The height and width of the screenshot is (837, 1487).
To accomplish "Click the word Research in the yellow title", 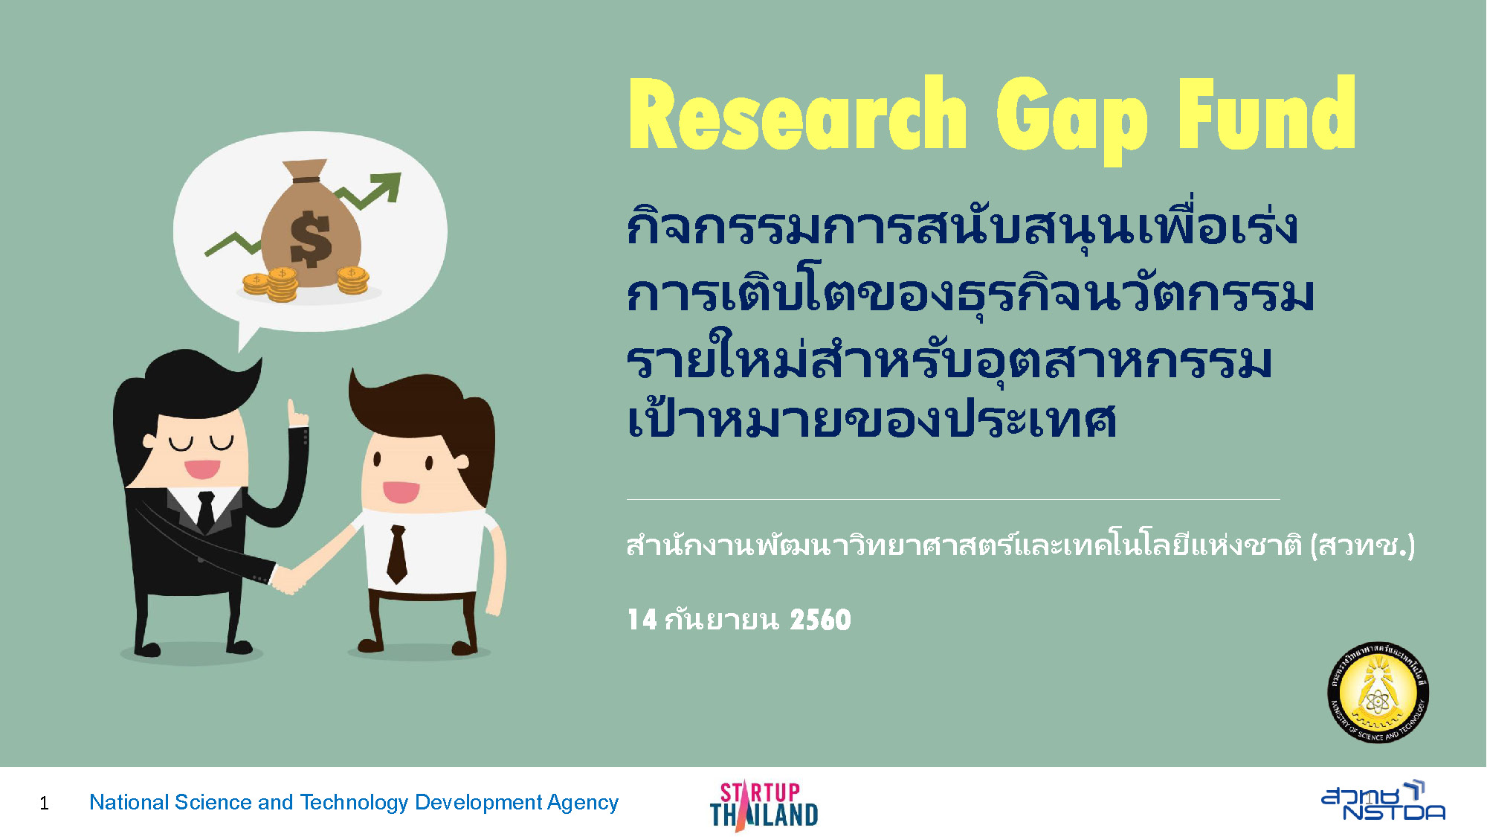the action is pos(797,113).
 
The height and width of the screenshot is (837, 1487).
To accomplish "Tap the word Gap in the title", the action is pos(1071,119).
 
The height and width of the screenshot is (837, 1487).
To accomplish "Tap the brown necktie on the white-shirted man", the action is pos(397,554).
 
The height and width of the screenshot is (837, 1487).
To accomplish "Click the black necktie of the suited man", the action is pos(206,511).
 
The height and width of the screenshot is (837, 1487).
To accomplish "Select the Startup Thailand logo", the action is pos(764,805).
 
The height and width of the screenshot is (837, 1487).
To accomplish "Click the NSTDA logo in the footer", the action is pos(1383,801).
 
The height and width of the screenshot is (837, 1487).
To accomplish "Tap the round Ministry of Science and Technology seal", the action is pos(1378,693).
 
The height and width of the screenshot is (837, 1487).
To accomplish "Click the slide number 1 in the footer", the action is pos(45,804).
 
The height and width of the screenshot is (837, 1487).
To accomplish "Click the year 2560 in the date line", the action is pos(820,620).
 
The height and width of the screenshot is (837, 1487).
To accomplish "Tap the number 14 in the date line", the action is pos(642,620).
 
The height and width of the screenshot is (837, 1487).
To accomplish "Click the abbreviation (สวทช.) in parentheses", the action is pos(1362,546).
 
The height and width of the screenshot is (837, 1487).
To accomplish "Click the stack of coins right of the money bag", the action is pos(352,280).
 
